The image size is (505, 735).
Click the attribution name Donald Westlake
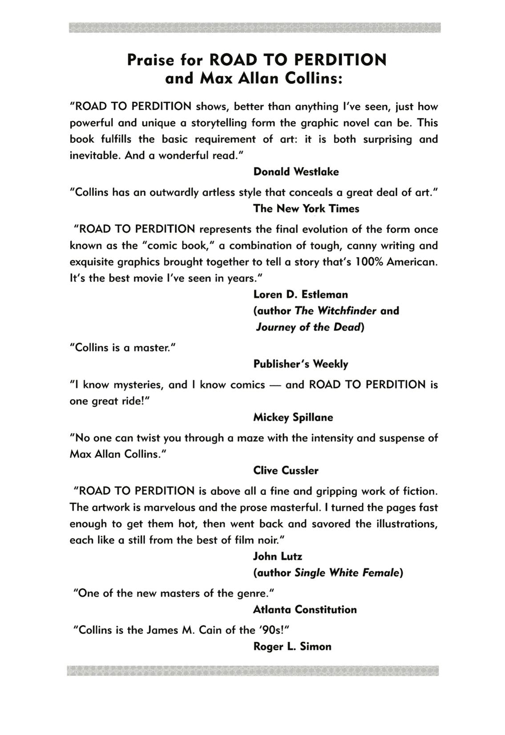coord(296,172)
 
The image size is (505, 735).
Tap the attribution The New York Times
coord(306,208)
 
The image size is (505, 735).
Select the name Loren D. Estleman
coord(300,294)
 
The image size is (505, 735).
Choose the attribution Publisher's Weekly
coord(300,364)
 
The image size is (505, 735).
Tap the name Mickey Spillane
coord(293,417)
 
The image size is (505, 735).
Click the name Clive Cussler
coord(286,470)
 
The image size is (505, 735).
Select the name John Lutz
coord(278,556)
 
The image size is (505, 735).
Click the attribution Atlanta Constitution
coord(305,609)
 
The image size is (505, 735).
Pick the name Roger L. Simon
coord(292,646)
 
